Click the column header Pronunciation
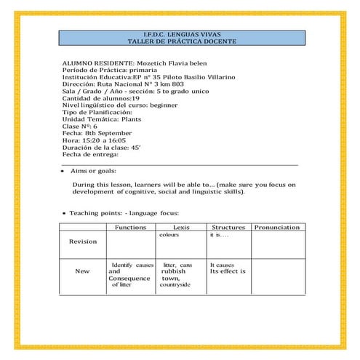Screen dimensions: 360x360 coord(276,228)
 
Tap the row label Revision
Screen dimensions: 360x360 coord(82,242)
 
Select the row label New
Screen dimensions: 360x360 coord(82,271)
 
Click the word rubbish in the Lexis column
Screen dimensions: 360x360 coord(175,271)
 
